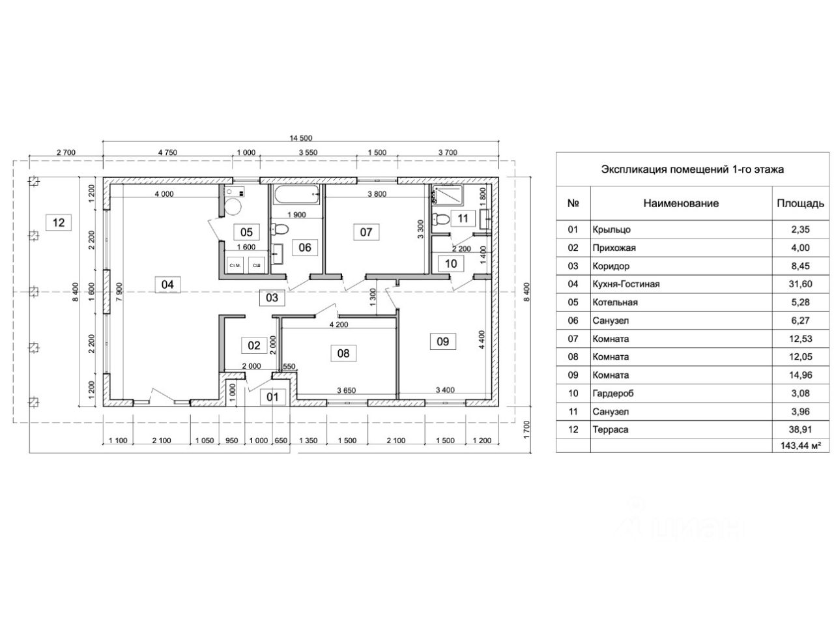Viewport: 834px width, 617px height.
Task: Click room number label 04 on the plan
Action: (167, 284)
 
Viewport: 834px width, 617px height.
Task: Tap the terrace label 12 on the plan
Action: (58, 222)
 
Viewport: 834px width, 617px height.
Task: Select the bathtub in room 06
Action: (296, 195)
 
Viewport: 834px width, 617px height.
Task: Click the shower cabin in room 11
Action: (448, 195)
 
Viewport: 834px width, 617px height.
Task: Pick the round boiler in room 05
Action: (233, 207)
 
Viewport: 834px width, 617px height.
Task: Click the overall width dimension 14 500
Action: (301, 138)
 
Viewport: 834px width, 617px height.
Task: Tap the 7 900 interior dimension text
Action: (119, 292)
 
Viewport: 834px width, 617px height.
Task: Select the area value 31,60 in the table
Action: (799, 284)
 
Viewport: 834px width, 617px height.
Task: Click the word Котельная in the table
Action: (615, 302)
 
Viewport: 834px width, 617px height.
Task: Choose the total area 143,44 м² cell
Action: (800, 446)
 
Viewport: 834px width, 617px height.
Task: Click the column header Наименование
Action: (681, 203)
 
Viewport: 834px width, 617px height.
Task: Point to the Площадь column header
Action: (800, 203)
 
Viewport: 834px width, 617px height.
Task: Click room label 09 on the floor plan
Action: (442, 341)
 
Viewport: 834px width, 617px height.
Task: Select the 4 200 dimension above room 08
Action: (338, 324)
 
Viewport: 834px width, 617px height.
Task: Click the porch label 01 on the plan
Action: (272, 397)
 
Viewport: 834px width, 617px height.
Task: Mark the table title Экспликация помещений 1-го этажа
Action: (692, 169)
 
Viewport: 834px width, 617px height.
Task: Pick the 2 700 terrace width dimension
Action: (66, 152)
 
